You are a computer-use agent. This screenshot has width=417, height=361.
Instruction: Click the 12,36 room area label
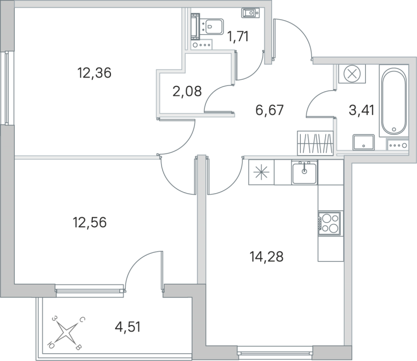[94, 73]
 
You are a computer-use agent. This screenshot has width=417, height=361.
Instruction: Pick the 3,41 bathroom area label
[360, 110]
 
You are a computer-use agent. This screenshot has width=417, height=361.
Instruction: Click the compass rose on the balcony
[67, 331]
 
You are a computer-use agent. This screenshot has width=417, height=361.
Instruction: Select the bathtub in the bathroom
[395, 101]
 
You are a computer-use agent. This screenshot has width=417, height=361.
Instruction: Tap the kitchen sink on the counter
[304, 172]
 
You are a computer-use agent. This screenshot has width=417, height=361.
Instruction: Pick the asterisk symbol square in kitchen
[261, 172]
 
